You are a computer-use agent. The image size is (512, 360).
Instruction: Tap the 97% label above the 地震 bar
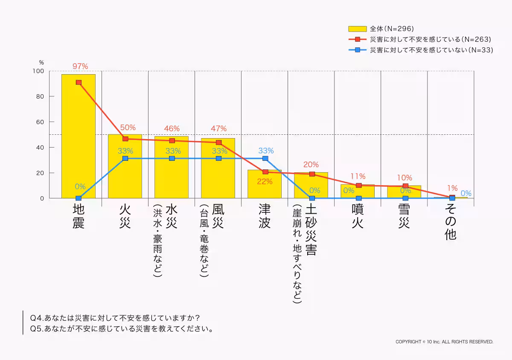[80, 66]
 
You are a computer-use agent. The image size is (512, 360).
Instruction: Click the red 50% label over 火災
[128, 127]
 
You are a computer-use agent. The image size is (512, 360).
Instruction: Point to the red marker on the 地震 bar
[79, 82]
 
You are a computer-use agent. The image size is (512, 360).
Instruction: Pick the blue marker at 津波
[265, 158]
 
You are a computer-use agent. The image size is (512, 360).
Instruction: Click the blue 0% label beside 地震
[80, 186]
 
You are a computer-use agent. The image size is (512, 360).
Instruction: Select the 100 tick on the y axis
[38, 71]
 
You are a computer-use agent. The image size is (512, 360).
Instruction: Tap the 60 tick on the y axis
[40, 122]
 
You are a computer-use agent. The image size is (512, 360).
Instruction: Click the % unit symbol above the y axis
[41, 63]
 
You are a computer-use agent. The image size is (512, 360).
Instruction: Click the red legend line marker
[358, 39]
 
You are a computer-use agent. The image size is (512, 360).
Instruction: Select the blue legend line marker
[358, 50]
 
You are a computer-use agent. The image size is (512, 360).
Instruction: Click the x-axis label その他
[451, 222]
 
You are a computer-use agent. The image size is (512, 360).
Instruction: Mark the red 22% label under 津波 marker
[265, 181]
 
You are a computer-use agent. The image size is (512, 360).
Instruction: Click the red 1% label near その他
[452, 188]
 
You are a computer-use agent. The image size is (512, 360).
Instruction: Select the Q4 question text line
[115, 318]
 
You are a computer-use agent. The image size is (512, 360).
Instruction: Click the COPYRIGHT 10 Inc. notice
[444, 342]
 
